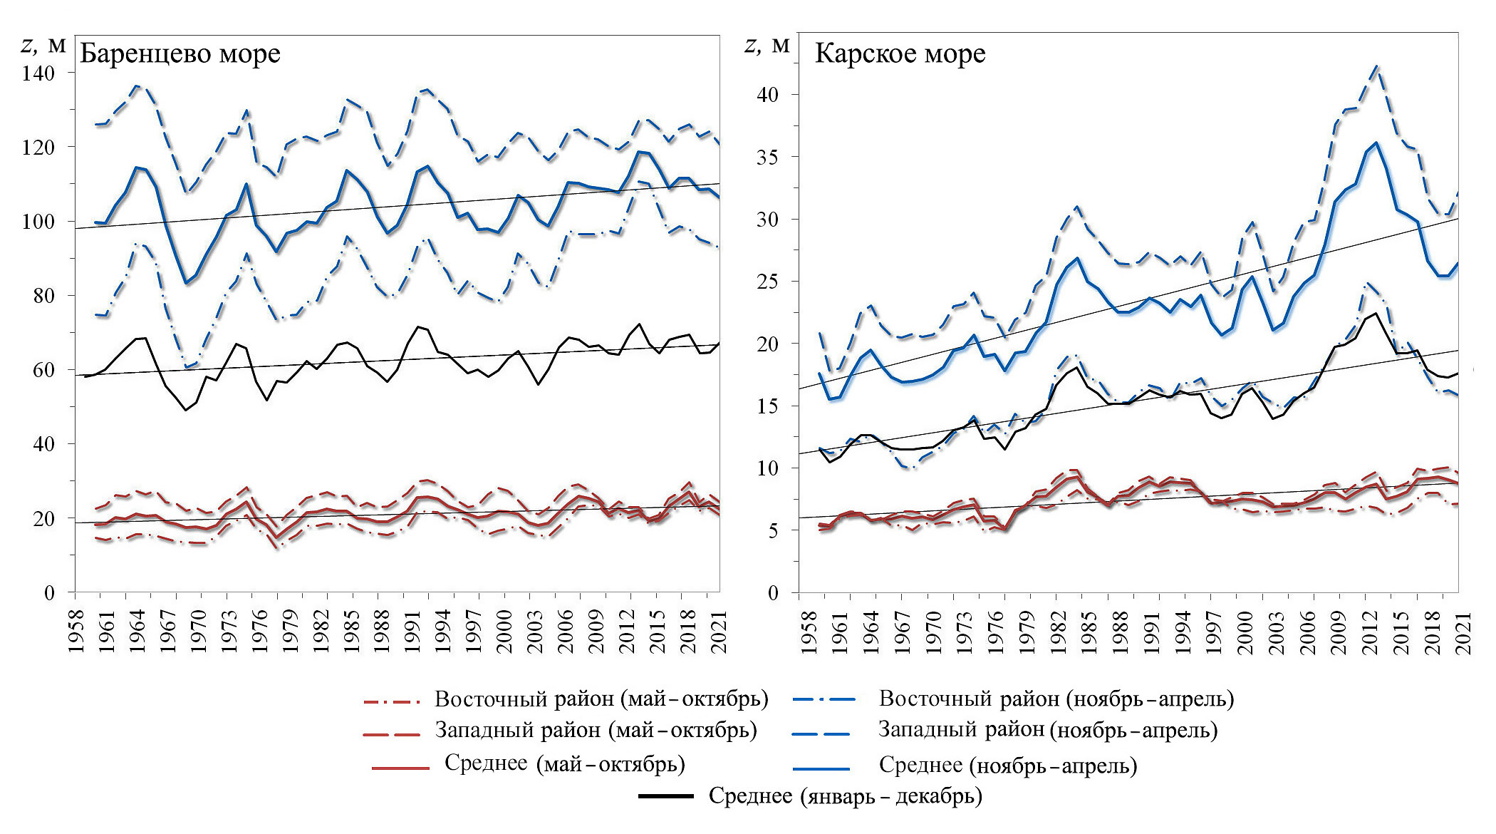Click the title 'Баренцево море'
coord(180,54)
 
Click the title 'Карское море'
coord(900,54)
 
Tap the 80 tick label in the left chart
coord(44,296)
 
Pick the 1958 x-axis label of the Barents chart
coord(76,630)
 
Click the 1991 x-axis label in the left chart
coord(412,630)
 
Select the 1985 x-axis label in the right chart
coord(1088,630)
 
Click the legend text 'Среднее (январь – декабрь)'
coord(845,796)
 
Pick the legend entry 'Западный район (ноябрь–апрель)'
coord(1047,730)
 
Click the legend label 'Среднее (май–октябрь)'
coord(564,764)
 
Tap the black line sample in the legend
coord(666,796)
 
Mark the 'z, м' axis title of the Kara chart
coord(767,46)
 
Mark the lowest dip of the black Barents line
coord(186,410)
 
